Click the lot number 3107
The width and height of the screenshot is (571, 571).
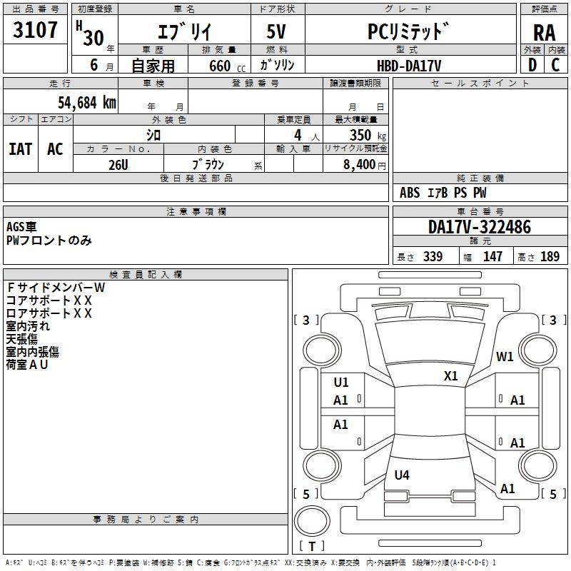(36, 30)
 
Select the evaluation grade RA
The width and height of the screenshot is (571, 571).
(544, 32)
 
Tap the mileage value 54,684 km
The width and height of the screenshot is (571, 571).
(77, 102)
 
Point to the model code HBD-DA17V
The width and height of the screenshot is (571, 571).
(409, 65)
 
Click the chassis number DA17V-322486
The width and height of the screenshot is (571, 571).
(480, 228)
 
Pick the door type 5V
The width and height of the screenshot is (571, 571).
(278, 32)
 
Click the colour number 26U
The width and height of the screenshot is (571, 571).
(118, 164)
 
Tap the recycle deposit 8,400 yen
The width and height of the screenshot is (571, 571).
(365, 164)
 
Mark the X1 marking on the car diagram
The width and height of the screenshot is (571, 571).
(451, 375)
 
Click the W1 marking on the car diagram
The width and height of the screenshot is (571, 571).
(505, 357)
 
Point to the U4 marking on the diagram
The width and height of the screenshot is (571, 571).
(402, 475)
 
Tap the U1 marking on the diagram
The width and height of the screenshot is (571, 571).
(341, 383)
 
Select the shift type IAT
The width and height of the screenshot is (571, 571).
(20, 148)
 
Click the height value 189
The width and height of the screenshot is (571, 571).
(550, 257)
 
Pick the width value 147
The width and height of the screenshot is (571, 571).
(493, 257)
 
